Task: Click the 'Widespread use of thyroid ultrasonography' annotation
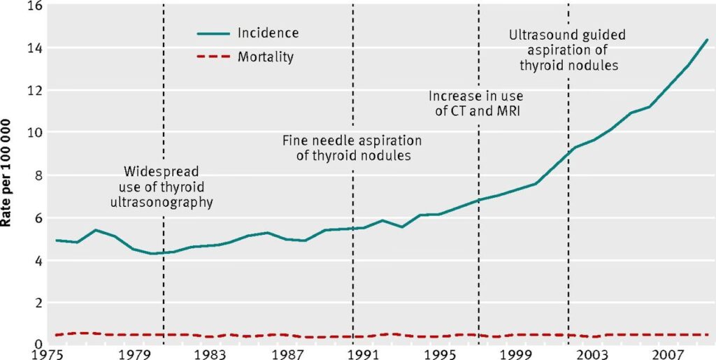point(162,187)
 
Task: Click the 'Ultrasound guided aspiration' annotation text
point(567,50)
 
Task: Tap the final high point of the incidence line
point(707,40)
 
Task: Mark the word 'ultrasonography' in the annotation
point(162,202)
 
